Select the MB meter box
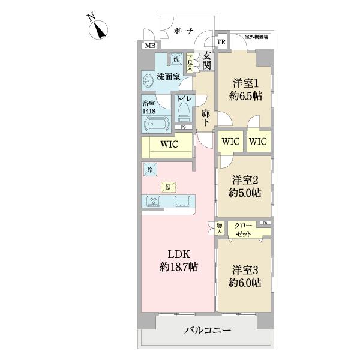tap(149, 46)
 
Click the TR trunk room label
tap(221, 42)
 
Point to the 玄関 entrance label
tap(207, 61)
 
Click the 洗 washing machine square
tap(176, 59)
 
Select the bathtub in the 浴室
tap(155, 124)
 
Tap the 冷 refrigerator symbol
tap(149, 170)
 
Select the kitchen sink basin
tap(182, 201)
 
